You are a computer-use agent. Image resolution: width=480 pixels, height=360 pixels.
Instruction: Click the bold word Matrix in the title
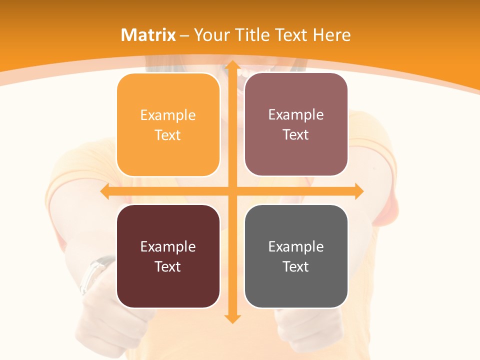[148, 35]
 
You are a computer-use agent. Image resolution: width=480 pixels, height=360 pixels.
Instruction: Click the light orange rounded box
[168, 125]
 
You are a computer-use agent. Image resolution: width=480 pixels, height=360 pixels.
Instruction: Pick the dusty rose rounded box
[296, 124]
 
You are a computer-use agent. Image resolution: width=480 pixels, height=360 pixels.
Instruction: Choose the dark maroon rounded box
[168, 256]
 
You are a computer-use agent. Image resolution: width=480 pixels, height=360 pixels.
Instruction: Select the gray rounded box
[296, 256]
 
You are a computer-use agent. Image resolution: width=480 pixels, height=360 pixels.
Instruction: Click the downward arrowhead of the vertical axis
[232, 318]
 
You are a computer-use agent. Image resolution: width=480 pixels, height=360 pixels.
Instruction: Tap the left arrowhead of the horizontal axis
[105, 191]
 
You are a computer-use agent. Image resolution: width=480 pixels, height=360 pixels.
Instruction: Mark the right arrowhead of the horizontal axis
[358, 191]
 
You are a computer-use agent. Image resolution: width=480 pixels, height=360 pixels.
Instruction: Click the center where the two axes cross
[232, 191]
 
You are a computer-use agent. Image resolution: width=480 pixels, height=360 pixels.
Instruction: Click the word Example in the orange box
[168, 115]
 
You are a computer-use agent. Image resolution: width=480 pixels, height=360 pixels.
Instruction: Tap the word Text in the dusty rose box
[296, 134]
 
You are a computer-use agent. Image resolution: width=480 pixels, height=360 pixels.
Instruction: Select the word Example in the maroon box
[168, 246]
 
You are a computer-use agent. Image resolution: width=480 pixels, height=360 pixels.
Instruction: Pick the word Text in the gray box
[296, 266]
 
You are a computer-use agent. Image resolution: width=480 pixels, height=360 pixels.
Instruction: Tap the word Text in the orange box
[168, 135]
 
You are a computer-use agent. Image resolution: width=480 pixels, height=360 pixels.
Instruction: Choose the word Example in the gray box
[296, 246]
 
